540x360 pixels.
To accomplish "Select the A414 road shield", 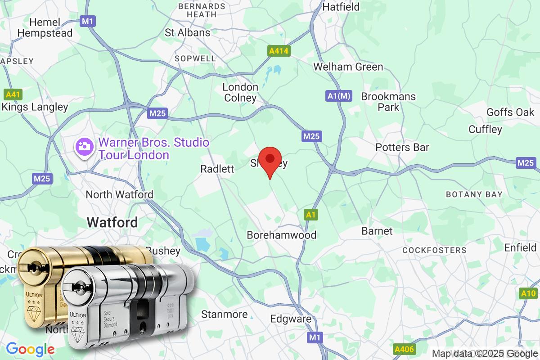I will [x=278, y=51].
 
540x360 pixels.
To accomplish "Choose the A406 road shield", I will [x=404, y=349].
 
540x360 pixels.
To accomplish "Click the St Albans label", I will [x=188, y=32].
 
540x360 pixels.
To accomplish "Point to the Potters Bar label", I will [x=402, y=147].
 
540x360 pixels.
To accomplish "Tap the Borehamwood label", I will [x=282, y=235].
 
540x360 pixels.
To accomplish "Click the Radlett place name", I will [x=217, y=169].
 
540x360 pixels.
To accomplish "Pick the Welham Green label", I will [x=348, y=67].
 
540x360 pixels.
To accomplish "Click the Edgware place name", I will [x=291, y=319].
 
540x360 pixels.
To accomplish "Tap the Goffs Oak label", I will [x=510, y=112].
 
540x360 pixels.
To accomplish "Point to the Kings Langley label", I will [x=35, y=107].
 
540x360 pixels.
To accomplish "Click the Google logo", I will [x=30, y=349].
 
